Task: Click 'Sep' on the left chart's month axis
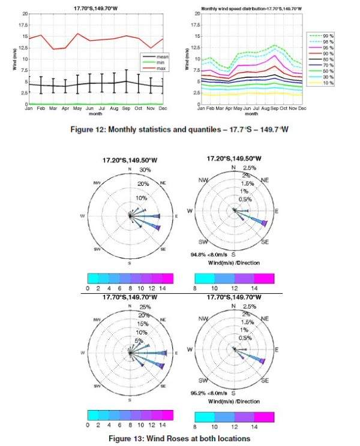click(127, 108)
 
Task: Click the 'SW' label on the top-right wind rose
click(203, 241)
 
